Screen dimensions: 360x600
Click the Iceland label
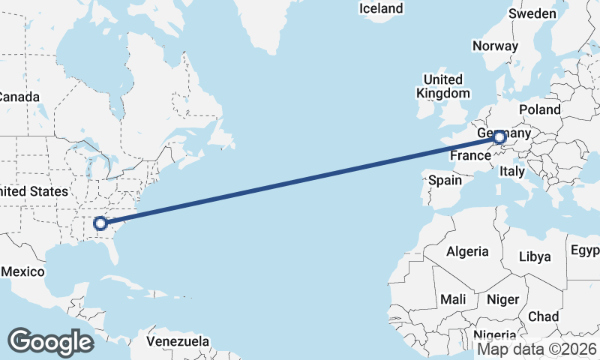[x=381, y=9]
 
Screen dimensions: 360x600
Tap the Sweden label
[x=532, y=14]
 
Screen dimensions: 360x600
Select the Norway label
[x=495, y=46]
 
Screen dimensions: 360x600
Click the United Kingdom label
[x=442, y=86]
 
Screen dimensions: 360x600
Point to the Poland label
[x=540, y=109]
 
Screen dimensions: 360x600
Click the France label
[x=470, y=156]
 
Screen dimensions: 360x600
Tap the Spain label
[x=445, y=180]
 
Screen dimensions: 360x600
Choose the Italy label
[x=512, y=172]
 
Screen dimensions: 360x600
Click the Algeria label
[x=467, y=252]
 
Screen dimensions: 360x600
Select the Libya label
[x=535, y=256]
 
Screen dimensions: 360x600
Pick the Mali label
[x=453, y=299]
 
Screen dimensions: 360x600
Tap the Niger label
[x=502, y=299]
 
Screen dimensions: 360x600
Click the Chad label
[x=543, y=316]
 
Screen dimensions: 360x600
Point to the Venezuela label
[x=178, y=342]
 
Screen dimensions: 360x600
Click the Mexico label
[x=22, y=271]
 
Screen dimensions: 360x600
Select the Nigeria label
[x=494, y=334]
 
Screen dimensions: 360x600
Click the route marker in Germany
[x=499, y=137]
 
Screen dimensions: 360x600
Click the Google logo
[x=50, y=341]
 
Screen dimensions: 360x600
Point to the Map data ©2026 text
[x=537, y=349]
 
